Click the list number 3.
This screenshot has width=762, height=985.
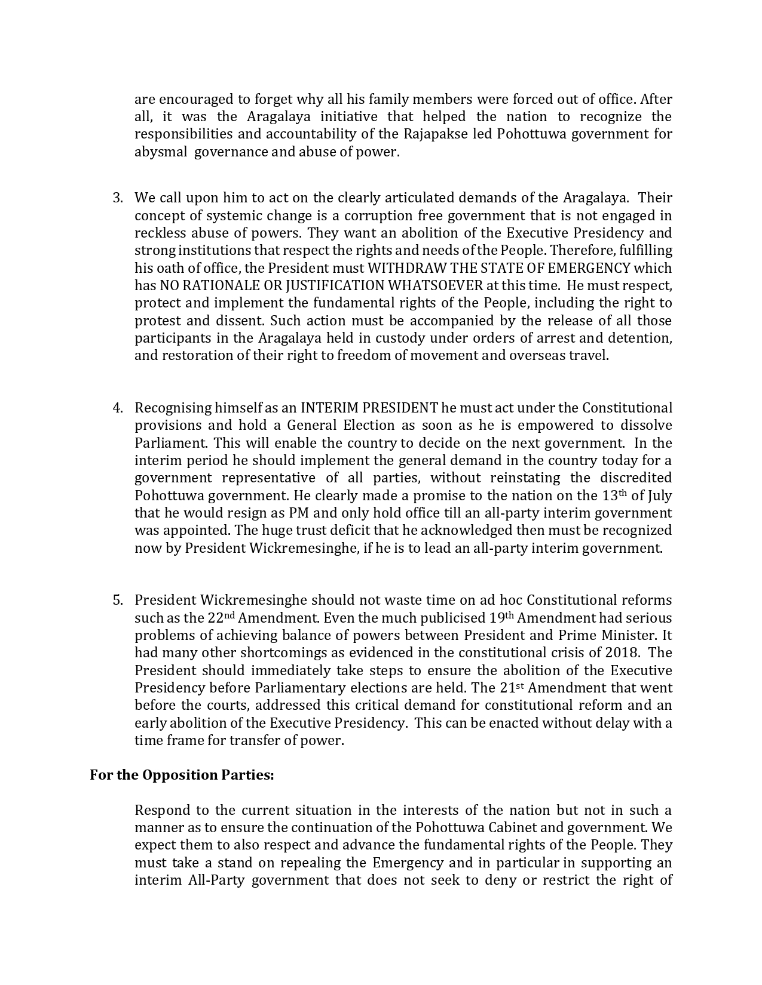(117, 198)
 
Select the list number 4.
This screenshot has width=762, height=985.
(117, 408)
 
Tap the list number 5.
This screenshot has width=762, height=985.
(117, 601)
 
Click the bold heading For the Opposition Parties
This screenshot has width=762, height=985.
(182, 775)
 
